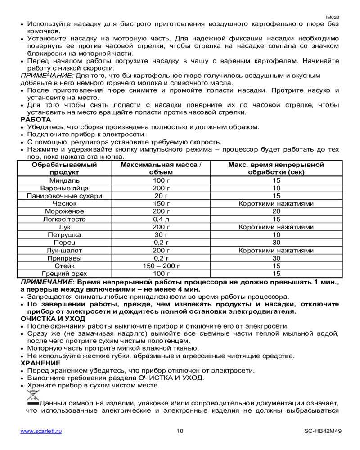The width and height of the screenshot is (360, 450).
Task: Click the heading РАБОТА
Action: click(36, 119)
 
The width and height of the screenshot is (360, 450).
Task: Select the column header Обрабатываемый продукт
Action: click(64, 168)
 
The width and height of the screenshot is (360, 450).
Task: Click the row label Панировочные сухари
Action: click(64, 196)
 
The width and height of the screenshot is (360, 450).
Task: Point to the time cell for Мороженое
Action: click(276, 211)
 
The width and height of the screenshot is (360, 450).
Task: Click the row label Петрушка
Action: click(64, 234)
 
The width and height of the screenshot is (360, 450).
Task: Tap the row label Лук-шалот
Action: click(64, 250)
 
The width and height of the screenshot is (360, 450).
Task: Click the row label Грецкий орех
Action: click(64, 273)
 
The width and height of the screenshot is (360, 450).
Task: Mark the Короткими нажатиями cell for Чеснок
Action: click(276, 203)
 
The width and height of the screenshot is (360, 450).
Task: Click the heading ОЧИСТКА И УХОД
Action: click(53, 318)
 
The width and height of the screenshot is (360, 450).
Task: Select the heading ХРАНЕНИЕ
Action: click(41, 363)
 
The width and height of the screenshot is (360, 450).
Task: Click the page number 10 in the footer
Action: click(180, 431)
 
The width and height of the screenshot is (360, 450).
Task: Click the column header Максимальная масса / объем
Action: click(161, 168)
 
